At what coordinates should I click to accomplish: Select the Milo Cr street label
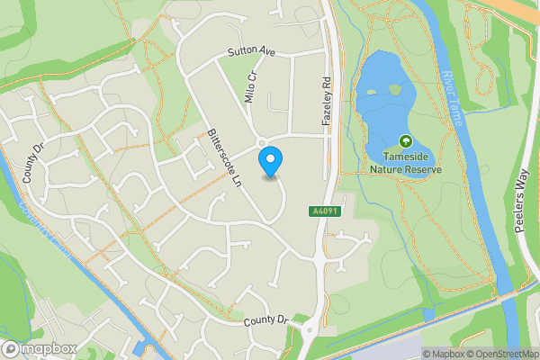click(x=251, y=88)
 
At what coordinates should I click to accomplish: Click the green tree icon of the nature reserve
click(x=405, y=141)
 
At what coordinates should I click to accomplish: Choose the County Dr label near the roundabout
click(x=264, y=320)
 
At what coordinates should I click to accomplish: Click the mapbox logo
click(x=40, y=348)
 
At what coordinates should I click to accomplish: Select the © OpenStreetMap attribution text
click(x=500, y=354)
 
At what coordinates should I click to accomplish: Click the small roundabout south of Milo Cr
click(x=263, y=143)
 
